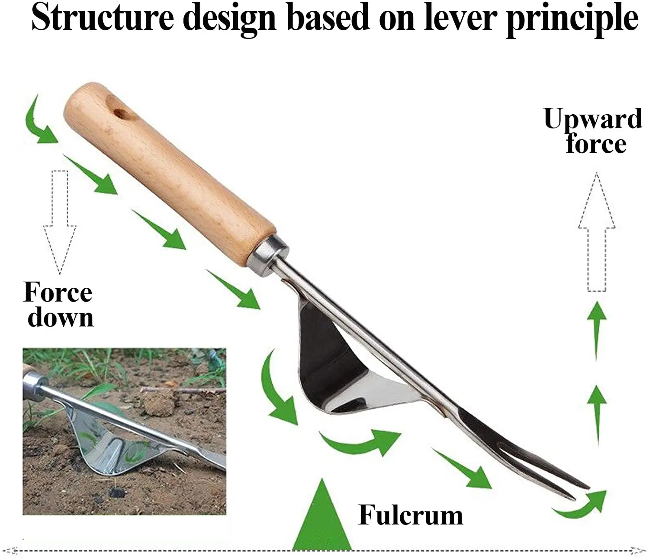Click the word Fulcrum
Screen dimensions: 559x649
(x=410, y=515)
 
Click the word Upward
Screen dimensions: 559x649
(x=593, y=119)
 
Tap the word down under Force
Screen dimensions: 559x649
(x=61, y=318)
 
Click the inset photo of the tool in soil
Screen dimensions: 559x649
(x=124, y=431)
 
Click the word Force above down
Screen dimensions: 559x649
(x=58, y=292)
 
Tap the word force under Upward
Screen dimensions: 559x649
(x=596, y=144)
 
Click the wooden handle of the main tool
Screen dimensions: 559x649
(x=169, y=173)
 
